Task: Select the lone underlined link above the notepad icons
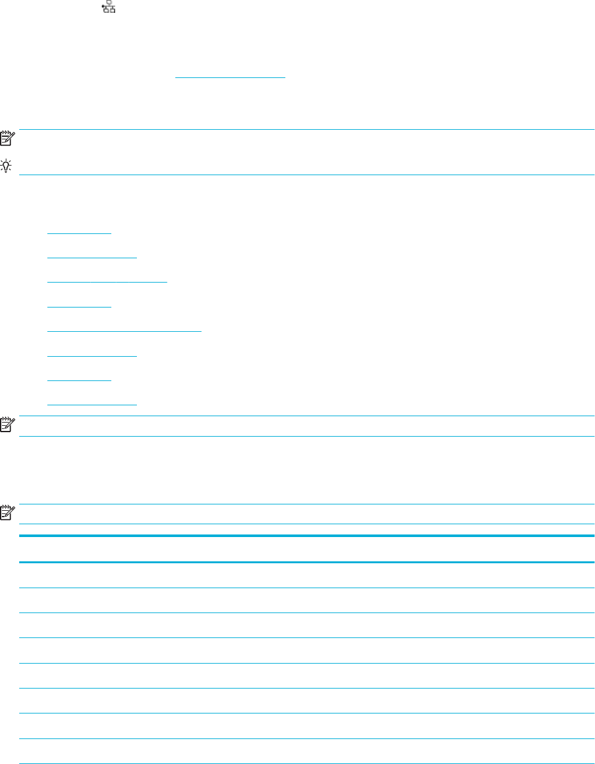230,75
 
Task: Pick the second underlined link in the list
92,256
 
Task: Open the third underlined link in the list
107,280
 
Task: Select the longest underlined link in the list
124,330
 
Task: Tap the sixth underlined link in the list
92,354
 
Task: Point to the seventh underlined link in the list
79,379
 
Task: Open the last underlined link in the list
92,403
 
